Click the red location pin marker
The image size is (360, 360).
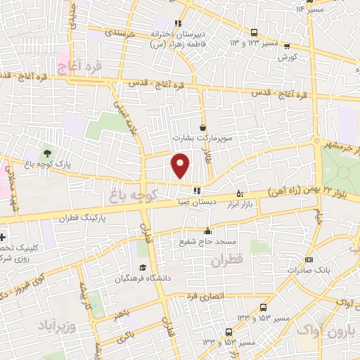(x=181, y=165)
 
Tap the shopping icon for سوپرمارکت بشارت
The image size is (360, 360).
(x=203, y=127)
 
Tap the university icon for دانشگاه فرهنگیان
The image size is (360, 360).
(x=143, y=267)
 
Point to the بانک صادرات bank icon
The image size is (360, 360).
(x=290, y=270)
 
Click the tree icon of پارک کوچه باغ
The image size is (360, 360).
(x=47, y=152)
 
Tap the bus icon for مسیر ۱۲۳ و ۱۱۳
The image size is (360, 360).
(x=254, y=32)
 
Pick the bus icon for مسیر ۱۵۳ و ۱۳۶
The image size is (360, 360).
(x=263, y=307)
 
